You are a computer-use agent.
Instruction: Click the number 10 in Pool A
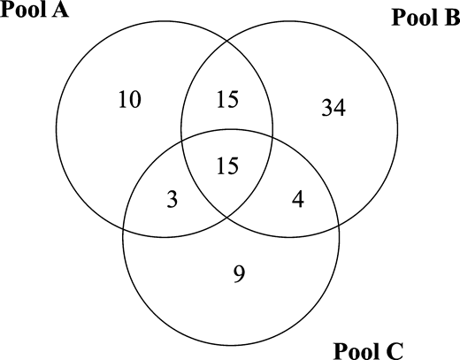[130, 100]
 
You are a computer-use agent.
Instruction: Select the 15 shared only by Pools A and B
[227, 100]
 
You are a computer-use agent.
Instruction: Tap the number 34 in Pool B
[333, 108]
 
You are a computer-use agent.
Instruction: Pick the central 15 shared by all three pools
[227, 165]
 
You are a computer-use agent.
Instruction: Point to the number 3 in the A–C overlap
[172, 199]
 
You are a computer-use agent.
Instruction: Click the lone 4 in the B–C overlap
[298, 199]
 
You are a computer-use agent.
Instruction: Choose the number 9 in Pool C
[239, 274]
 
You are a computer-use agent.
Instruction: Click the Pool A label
[34, 10]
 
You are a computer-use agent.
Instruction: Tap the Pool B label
[425, 18]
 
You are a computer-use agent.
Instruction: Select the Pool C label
[368, 351]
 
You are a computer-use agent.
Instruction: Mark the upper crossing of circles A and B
[227, 41]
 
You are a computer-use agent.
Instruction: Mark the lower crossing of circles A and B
[227, 218]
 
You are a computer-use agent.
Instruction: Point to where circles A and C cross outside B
[124, 228]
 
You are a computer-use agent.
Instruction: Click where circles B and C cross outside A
[339, 226]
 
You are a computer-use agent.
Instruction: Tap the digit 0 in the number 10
[135, 100]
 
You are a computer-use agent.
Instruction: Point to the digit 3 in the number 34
[326, 108]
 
